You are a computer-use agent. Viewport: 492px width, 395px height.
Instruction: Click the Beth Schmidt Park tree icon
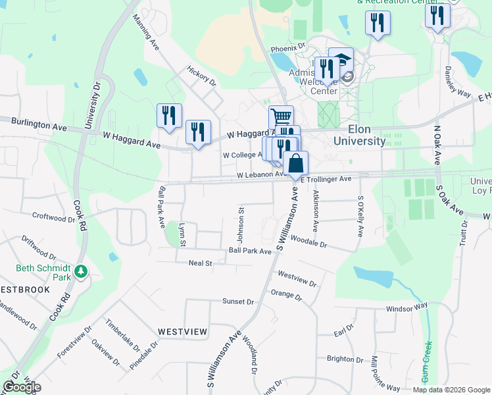81,271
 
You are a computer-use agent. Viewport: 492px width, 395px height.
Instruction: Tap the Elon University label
359,135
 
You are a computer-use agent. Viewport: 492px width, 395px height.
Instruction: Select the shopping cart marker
282,117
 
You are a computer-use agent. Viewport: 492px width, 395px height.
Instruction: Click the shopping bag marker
295,163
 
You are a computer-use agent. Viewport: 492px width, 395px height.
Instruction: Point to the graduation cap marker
341,59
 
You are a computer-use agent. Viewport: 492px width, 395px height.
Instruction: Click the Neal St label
200,263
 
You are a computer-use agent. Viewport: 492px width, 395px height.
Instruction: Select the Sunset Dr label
237,302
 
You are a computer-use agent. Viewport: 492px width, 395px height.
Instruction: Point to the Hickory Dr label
201,76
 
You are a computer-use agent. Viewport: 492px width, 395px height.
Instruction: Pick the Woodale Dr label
308,243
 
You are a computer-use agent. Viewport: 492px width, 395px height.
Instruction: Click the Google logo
22,387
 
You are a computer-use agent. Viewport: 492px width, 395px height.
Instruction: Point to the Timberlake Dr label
122,335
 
